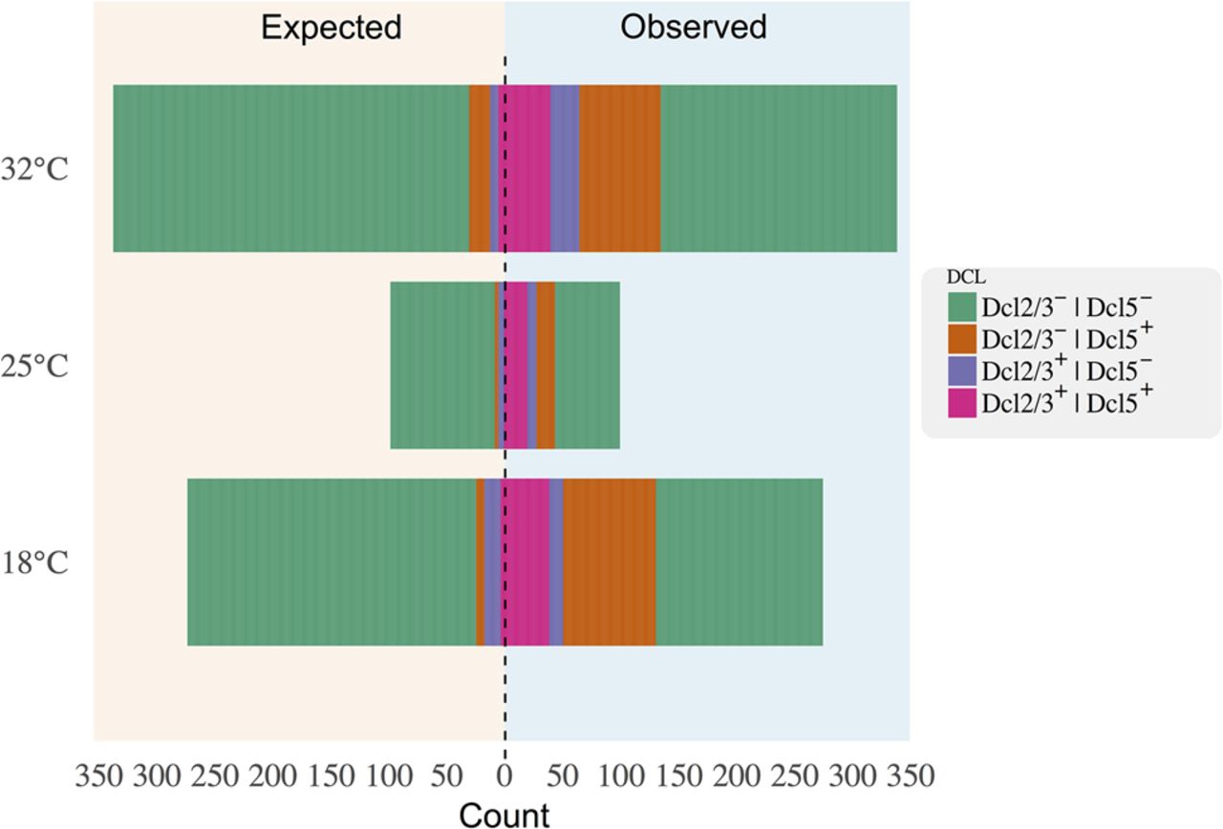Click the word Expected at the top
click(x=331, y=28)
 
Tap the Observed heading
click(x=694, y=28)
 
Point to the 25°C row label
click(x=34, y=368)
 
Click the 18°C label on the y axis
click(x=34, y=563)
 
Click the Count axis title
click(x=504, y=815)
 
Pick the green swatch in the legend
click(x=962, y=307)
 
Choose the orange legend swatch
click(x=962, y=339)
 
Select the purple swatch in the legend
click(x=962, y=372)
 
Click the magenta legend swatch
click(x=962, y=404)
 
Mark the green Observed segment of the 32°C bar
click(x=779, y=168)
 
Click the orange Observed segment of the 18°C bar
click(x=609, y=562)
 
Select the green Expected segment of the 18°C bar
click(x=332, y=562)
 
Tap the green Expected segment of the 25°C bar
click(x=442, y=365)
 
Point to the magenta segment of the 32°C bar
click(x=525, y=168)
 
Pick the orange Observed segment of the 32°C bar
click(x=620, y=168)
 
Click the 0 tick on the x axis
click(x=504, y=776)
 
